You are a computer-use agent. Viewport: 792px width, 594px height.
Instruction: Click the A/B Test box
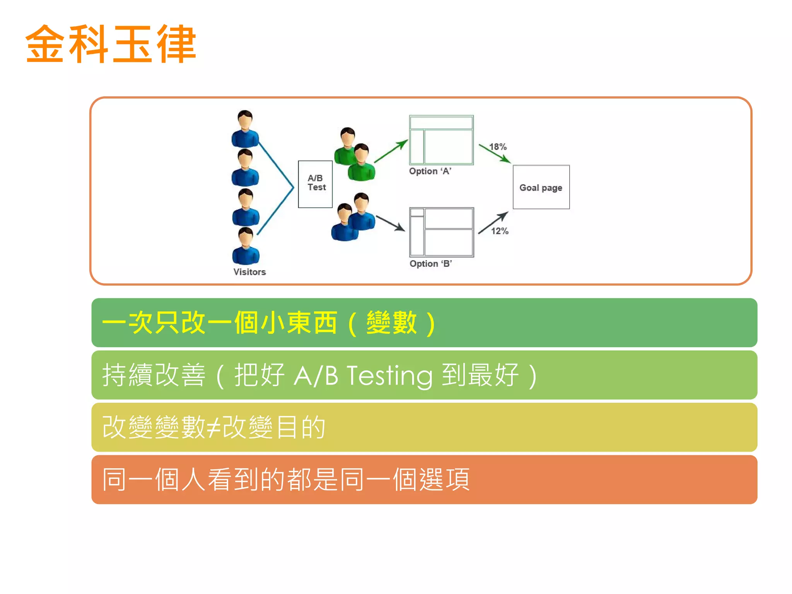316,184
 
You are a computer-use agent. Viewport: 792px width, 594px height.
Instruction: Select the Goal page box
541,188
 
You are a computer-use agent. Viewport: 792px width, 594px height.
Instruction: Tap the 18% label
498,147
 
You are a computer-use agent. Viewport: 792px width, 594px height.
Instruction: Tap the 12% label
500,231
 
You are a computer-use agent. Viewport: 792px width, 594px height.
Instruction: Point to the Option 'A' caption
430,171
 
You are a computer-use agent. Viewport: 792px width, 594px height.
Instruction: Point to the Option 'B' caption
430,264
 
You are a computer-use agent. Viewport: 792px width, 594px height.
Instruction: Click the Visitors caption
249,272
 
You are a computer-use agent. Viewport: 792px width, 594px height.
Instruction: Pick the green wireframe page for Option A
441,140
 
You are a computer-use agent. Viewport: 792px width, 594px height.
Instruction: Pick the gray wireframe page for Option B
442,232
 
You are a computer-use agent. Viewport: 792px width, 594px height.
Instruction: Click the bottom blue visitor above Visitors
246,246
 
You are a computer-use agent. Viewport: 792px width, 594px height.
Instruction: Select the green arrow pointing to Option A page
391,151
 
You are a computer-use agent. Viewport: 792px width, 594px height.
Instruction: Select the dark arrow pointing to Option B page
390,223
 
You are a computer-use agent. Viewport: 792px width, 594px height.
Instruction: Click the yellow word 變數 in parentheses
391,323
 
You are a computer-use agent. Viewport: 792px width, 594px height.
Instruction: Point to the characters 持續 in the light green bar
128,375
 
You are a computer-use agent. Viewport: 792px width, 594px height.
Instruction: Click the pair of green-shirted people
354,155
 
